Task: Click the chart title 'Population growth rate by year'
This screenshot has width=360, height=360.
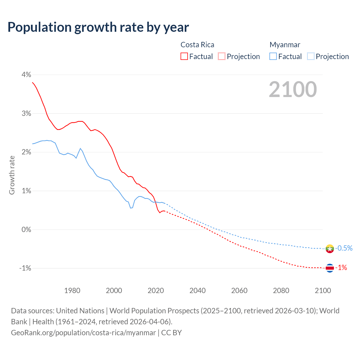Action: [98, 27]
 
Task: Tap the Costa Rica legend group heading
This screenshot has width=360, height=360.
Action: [197, 45]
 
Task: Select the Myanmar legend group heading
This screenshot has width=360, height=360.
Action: [285, 45]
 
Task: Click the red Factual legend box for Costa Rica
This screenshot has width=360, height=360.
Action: [184, 57]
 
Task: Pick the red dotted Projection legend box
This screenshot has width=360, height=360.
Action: [222, 57]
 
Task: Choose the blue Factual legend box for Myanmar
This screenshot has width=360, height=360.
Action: [273, 57]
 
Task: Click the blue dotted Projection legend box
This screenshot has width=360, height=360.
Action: [310, 57]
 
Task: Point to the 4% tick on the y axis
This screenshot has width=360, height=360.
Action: [26, 75]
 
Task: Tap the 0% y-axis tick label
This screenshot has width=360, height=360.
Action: [26, 229]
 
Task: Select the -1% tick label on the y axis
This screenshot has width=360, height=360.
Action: [25, 268]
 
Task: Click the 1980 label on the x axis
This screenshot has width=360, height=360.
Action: [72, 291]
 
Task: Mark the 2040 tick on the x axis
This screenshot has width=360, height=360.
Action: [197, 291]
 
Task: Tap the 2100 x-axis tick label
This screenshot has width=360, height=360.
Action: [323, 291]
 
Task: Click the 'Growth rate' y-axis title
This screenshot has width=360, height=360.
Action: [12, 175]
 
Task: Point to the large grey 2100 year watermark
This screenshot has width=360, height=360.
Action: [293, 89]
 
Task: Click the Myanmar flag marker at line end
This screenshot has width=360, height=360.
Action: [330, 249]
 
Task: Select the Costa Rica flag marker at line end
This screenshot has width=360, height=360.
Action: [330, 268]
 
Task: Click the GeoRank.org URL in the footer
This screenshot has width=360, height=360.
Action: [83, 333]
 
